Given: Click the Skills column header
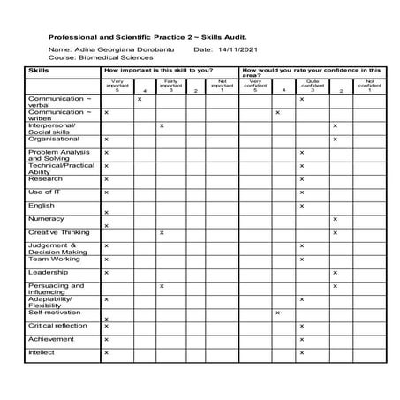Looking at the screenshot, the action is coord(39,69).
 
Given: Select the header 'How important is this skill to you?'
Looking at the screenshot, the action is coord(159,69).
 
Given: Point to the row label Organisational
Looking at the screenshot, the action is coord(54,139).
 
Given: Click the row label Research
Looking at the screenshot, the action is coord(45,178).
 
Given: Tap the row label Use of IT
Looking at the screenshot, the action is coord(45,192).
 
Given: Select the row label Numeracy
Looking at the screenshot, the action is coord(46,217).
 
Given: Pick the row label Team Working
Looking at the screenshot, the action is coord(53,259).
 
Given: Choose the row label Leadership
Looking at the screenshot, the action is coord(48,272).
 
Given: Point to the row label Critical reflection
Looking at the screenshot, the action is coord(57,325).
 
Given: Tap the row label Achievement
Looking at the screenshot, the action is coord(50,338).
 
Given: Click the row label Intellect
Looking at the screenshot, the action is coord(42,351).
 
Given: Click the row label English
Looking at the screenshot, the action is coord(42,205).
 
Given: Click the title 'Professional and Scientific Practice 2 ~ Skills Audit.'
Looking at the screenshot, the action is coord(147,39).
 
